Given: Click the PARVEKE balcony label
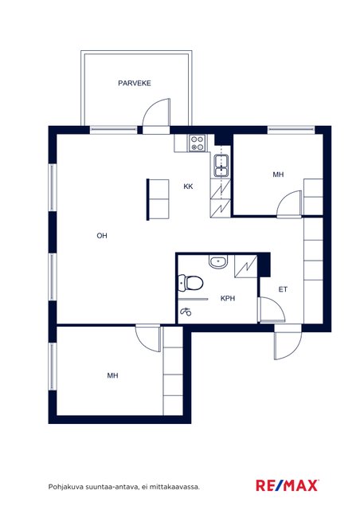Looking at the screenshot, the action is [135, 83].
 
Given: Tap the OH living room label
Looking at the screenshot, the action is [102, 236].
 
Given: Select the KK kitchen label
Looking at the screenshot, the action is [188, 186].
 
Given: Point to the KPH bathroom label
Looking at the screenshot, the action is [228, 298].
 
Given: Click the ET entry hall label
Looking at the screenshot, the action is [283, 289].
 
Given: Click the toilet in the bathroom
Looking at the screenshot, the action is [191, 283].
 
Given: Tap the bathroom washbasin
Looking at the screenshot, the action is [218, 262].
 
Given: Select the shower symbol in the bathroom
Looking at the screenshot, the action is [186, 312].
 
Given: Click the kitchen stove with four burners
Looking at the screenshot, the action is [198, 143].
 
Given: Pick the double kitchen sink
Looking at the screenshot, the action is [221, 166].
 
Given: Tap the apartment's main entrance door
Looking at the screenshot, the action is [288, 345].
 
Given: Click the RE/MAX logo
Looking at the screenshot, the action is [287, 486].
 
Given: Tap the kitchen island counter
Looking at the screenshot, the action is [158, 199].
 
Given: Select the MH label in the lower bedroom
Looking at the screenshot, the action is [112, 375].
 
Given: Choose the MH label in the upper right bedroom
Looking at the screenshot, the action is [278, 175].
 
